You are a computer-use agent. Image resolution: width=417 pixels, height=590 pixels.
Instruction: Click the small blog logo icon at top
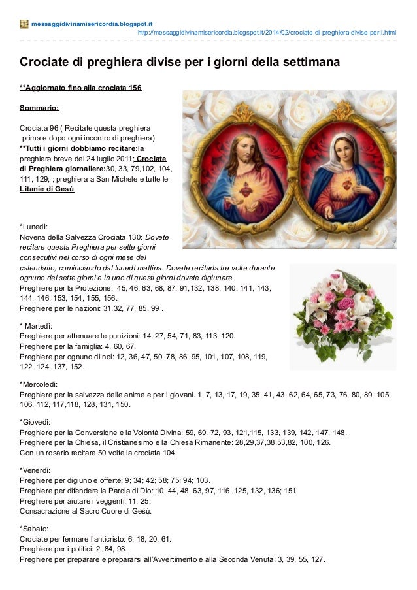pyautogui.click(x=25, y=24)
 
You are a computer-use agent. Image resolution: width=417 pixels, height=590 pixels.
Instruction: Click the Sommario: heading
pyautogui.click(x=40, y=107)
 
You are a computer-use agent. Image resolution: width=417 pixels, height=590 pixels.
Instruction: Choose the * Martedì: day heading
pyautogui.click(x=40, y=325)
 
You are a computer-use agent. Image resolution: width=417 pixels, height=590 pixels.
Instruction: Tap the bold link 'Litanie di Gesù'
pyautogui.click(x=47, y=189)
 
